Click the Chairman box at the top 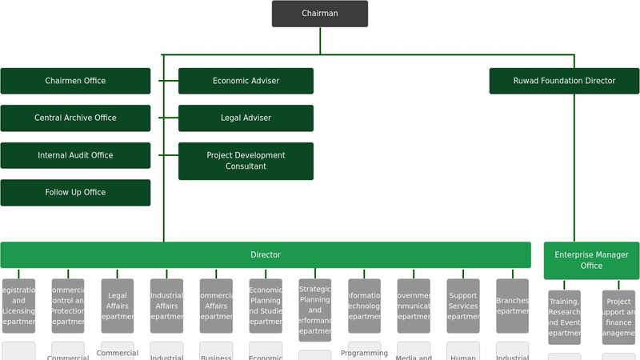(319, 14)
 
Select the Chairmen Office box (75, 81)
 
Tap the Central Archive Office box (75, 118)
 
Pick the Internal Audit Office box (75, 155)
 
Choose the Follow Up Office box (75, 192)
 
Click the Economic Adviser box (246, 81)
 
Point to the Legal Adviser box (246, 118)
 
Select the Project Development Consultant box (246, 161)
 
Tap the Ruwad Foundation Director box (564, 81)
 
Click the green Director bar (265, 255)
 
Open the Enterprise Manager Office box (591, 260)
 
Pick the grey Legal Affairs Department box (118, 306)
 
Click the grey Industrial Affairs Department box (166, 306)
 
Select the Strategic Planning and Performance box (314, 310)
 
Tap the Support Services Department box (462, 306)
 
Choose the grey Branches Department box (512, 306)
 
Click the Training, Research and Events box (564, 317)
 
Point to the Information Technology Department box (364, 306)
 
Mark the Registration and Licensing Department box (18, 306)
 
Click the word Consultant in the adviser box (246, 166)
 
